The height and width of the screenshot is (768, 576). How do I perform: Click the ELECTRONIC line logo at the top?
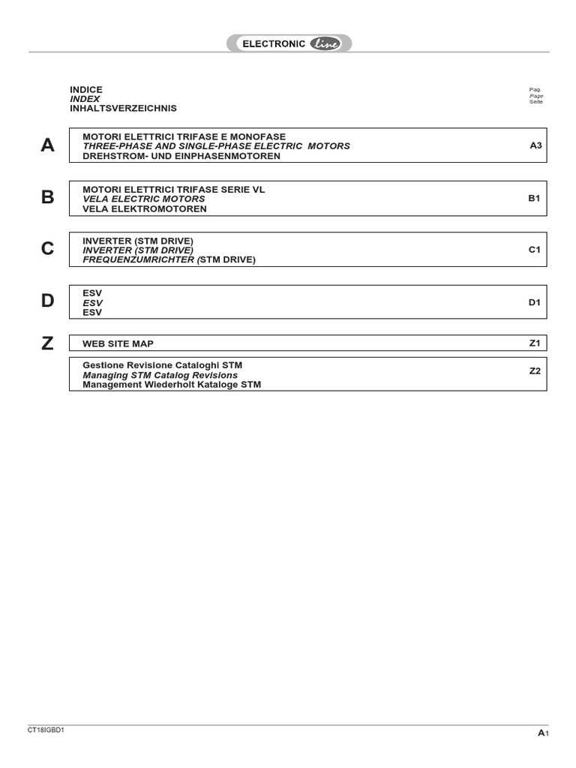(x=289, y=43)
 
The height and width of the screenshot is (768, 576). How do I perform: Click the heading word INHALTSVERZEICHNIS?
(x=124, y=108)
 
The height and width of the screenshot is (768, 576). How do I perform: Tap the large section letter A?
(x=48, y=145)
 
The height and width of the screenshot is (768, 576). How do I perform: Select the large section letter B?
(x=48, y=198)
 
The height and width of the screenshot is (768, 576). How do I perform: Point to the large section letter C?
(x=48, y=250)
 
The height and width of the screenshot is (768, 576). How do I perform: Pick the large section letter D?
(x=48, y=301)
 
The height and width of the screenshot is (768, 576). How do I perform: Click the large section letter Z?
(x=48, y=343)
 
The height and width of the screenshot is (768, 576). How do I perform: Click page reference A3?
(x=535, y=145)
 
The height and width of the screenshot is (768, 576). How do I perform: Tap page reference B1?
(x=535, y=199)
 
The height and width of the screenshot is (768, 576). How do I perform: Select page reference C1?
(x=535, y=250)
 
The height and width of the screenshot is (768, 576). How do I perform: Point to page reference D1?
(x=535, y=302)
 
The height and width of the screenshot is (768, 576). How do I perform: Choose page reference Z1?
(x=535, y=343)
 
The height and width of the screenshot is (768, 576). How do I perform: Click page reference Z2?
(x=535, y=370)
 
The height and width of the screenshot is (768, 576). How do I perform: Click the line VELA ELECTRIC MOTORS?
(x=143, y=199)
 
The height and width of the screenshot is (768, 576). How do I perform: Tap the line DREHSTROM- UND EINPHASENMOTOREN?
(x=181, y=156)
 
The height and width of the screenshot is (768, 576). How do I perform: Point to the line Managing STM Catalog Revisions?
(x=160, y=375)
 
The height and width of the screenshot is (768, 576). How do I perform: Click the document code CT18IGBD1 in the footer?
(x=46, y=730)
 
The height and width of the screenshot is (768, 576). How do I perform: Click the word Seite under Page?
(x=535, y=102)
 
